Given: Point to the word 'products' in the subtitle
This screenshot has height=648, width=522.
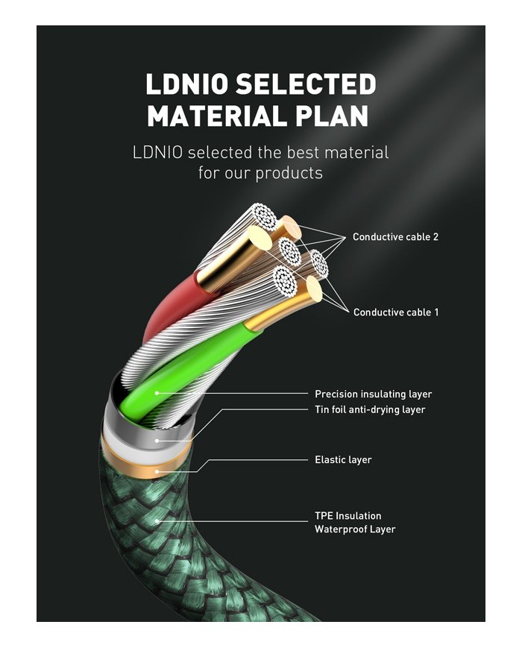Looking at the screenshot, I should coord(289,173).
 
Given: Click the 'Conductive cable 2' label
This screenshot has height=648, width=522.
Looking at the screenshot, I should coord(395,237).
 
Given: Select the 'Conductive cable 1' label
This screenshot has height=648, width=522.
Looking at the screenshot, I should coord(395,312).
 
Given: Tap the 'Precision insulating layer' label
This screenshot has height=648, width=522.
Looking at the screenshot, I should coord(373,394).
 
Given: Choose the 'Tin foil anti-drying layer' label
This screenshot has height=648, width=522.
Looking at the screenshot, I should coord(370,409).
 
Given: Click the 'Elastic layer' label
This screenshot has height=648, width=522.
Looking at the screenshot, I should coord(343,459).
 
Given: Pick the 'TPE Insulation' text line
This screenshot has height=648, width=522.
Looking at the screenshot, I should coord(348,515).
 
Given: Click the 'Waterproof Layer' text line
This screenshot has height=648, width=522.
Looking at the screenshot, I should coord(354,529).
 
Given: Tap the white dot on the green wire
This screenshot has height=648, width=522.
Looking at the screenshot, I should coord(156,393).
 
